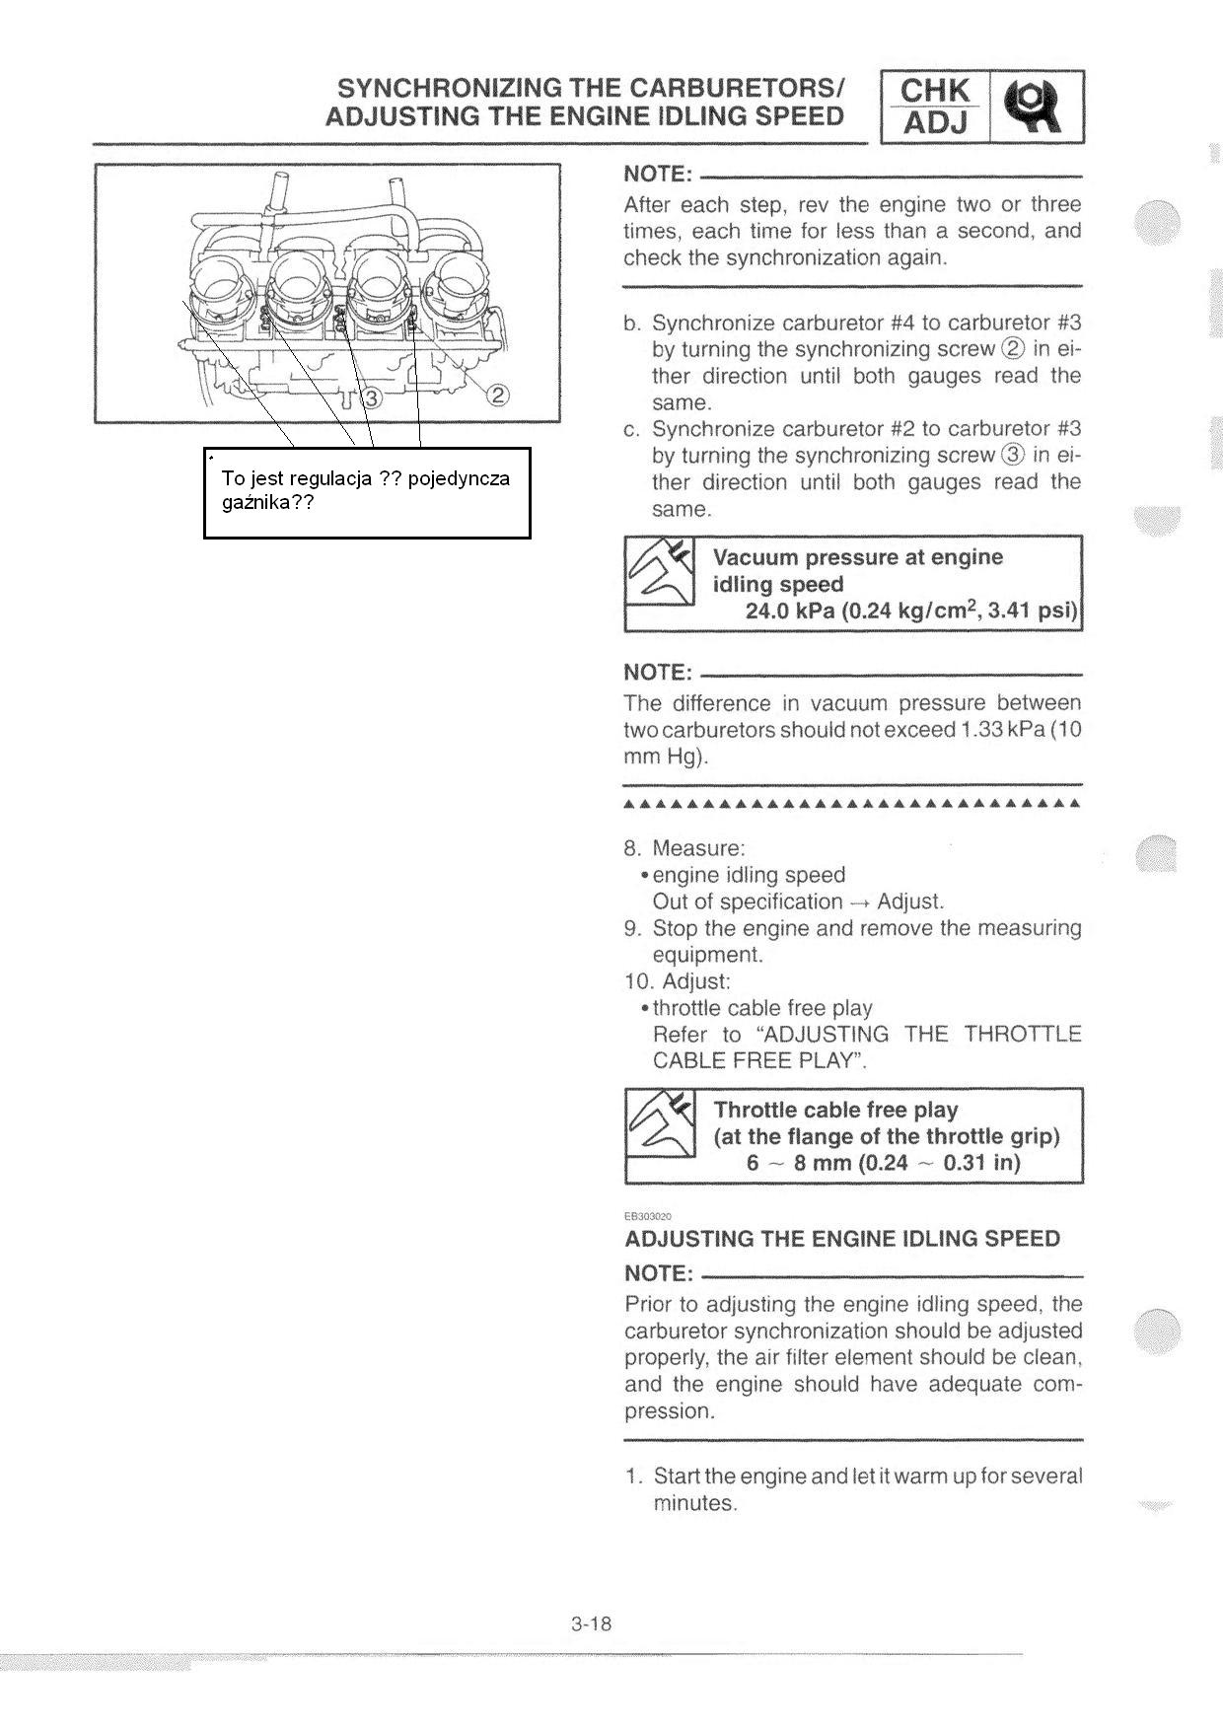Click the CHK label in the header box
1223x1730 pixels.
click(935, 91)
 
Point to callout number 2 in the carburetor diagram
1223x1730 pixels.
click(498, 396)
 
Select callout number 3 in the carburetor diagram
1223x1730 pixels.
click(372, 398)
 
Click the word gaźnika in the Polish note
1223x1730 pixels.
click(255, 502)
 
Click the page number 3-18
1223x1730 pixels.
click(591, 1623)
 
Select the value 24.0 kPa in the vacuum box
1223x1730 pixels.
click(789, 611)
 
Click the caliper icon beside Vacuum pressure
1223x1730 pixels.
click(659, 573)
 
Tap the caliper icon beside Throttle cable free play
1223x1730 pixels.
click(659, 1124)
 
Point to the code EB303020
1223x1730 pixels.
click(647, 1216)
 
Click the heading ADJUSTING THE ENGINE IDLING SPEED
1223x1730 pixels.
click(842, 1239)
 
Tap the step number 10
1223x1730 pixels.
click(637, 981)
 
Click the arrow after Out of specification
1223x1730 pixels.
click(859, 902)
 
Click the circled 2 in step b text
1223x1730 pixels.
click(1013, 349)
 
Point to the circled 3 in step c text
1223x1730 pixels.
click(1013, 456)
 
